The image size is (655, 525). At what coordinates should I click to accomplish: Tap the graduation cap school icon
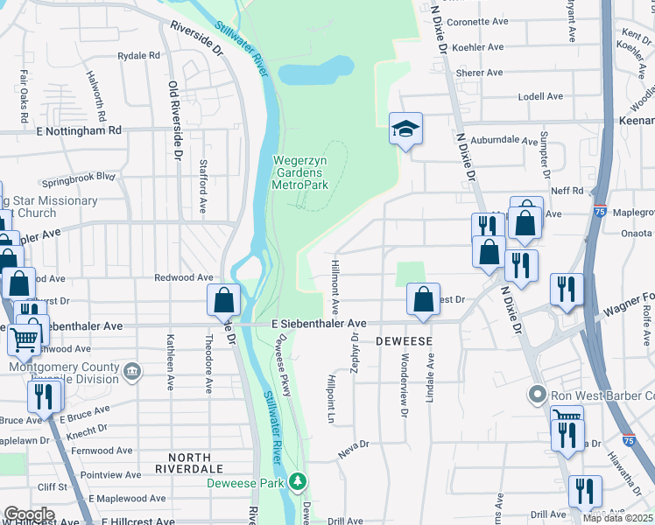click(405, 129)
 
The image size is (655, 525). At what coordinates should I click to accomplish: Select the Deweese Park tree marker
click(299, 482)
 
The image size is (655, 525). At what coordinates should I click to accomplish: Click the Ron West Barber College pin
click(537, 395)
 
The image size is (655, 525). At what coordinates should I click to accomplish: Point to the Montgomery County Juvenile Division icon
click(131, 373)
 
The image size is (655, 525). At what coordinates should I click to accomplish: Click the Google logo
click(29, 515)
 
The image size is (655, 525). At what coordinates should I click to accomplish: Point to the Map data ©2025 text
click(617, 518)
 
